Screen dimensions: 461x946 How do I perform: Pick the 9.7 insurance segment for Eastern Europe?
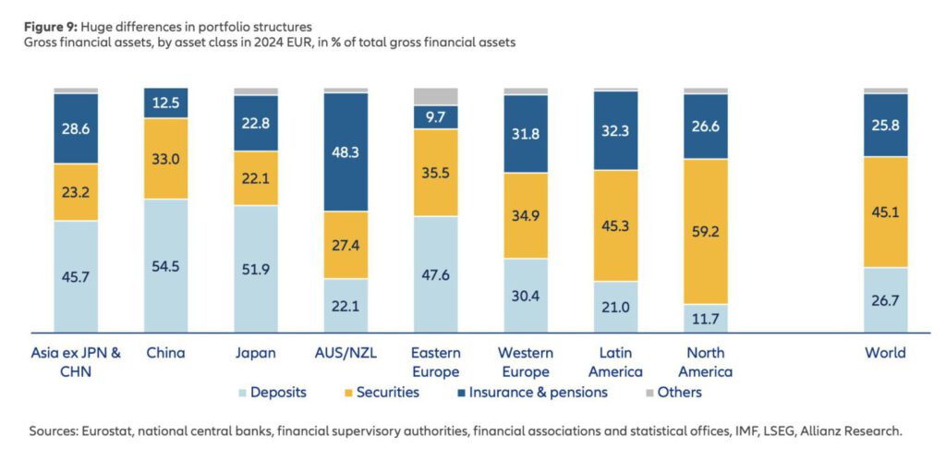tap(436, 117)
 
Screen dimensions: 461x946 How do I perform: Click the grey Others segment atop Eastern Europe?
tap(436, 96)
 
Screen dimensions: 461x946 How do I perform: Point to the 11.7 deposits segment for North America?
tap(706, 318)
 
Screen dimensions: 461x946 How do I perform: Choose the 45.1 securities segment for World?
tap(886, 212)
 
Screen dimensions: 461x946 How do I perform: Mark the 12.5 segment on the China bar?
tap(166, 103)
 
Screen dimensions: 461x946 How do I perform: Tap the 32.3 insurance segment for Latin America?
tap(615, 131)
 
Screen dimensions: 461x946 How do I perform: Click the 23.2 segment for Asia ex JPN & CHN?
tap(76, 192)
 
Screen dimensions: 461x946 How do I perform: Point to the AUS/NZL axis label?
tap(346, 353)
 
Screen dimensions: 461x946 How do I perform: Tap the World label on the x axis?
tap(886, 353)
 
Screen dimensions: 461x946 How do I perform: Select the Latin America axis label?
tap(615, 362)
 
